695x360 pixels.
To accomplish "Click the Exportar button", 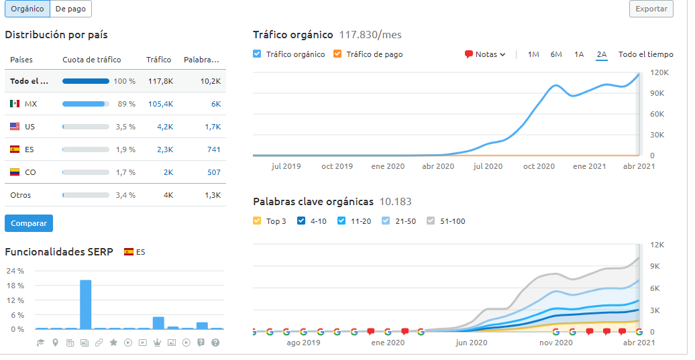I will [x=651, y=9].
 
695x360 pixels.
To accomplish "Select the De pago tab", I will [x=70, y=9].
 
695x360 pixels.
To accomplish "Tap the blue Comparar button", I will [x=29, y=223].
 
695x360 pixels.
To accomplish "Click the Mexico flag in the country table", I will [x=15, y=104].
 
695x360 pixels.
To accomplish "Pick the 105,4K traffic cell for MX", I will [x=160, y=104].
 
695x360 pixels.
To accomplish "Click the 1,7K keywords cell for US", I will [x=212, y=127].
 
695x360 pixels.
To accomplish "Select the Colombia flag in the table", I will [x=15, y=172].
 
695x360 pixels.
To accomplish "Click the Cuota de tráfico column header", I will [x=93, y=60].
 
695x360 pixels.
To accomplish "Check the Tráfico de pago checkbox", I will [x=337, y=54].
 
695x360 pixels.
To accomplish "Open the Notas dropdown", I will [x=485, y=54].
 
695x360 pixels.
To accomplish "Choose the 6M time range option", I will [x=556, y=54].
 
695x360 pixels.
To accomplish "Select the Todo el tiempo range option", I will [x=645, y=54].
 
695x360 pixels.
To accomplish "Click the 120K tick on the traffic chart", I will [x=657, y=72].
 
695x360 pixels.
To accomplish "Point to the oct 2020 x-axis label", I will [x=539, y=166].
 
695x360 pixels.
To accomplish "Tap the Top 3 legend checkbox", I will [x=258, y=221].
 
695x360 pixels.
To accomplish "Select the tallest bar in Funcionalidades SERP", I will [x=85, y=304].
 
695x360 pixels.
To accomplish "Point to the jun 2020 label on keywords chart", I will [x=471, y=343].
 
